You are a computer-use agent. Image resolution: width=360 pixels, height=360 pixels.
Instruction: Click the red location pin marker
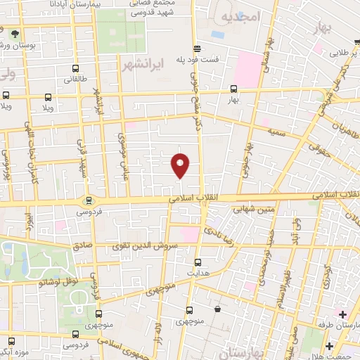[181, 165]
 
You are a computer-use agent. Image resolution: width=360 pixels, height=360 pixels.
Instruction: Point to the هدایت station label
[198, 271]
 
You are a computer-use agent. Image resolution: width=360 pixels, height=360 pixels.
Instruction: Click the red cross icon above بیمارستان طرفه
[342, 314]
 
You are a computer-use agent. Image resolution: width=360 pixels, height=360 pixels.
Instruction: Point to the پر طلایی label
[345, 53]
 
